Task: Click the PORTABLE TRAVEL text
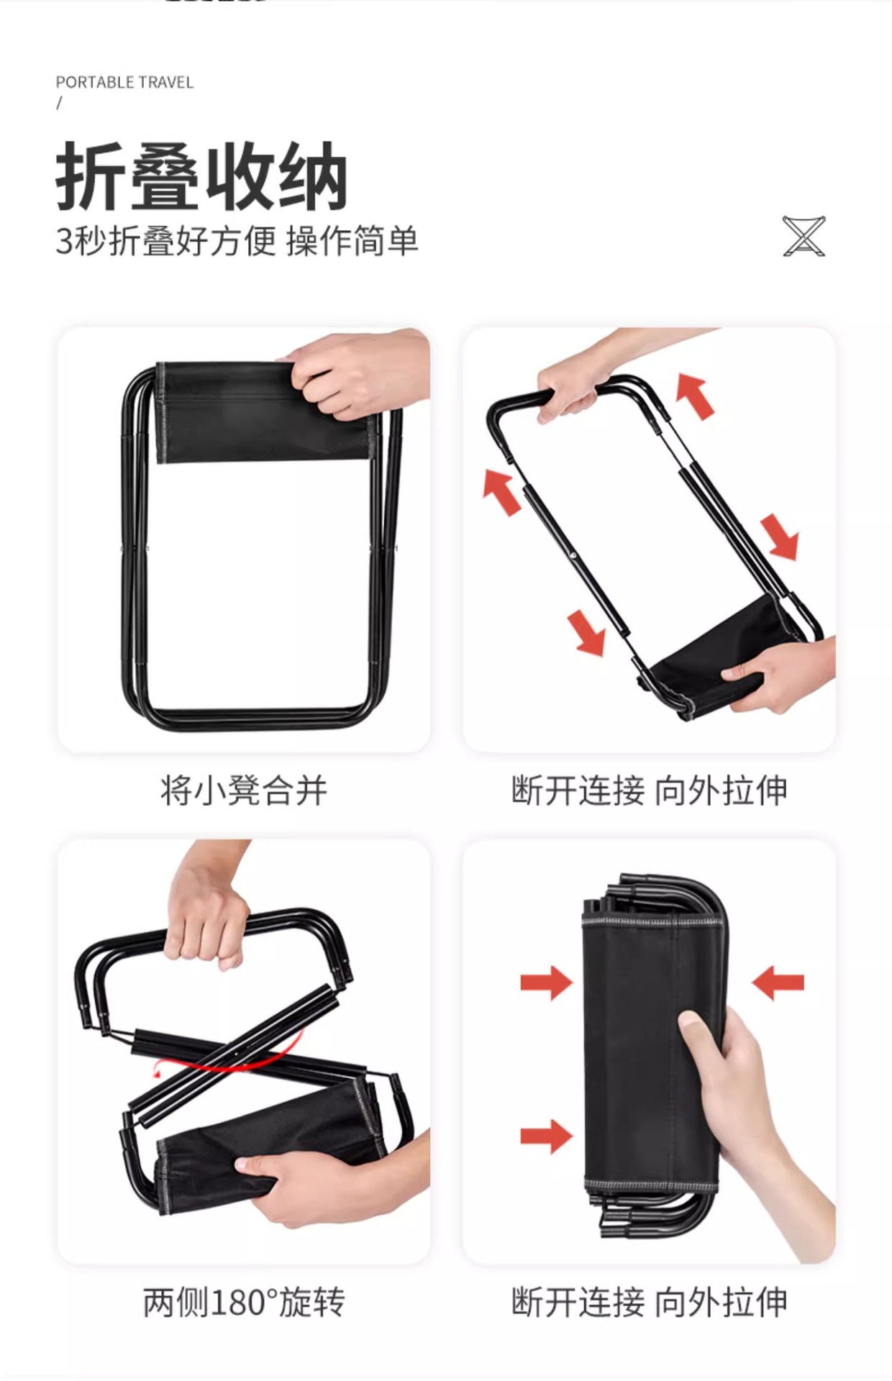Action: [124, 82]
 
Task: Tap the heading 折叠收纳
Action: [201, 177]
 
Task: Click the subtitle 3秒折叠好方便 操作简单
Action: [237, 241]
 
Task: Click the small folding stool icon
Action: [804, 236]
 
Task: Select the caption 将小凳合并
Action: [244, 791]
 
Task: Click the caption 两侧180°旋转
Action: [244, 1303]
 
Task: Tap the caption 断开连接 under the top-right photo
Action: [578, 791]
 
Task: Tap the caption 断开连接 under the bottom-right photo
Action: [578, 1303]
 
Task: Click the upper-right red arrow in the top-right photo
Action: [696, 396]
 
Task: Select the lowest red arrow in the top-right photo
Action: [587, 632]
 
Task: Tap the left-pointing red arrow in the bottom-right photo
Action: [778, 983]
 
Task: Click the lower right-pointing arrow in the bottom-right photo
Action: [545, 1136]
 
